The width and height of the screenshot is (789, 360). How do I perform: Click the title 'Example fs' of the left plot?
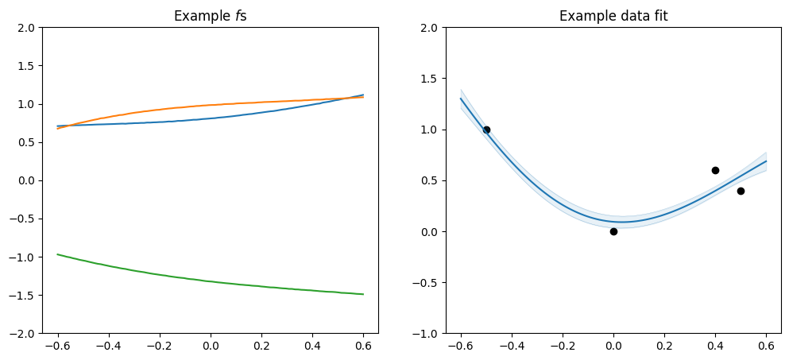pyautogui.click(x=211, y=16)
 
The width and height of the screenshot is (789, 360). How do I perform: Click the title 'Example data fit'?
pyautogui.click(x=613, y=16)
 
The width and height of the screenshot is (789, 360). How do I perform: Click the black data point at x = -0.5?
pyautogui.click(x=486, y=130)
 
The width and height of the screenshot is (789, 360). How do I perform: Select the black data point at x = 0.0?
pyautogui.click(x=613, y=231)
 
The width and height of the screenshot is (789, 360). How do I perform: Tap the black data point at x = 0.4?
pyautogui.click(x=715, y=170)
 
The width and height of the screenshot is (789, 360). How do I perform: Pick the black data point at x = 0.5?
pyautogui.click(x=741, y=191)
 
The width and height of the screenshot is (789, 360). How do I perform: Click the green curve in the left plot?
pyautogui.click(x=211, y=281)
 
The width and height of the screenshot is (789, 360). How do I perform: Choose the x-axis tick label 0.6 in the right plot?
pyautogui.click(x=766, y=347)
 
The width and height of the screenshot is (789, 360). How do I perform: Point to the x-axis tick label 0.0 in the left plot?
pyautogui.click(x=211, y=347)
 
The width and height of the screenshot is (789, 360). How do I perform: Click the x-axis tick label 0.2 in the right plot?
pyautogui.click(x=664, y=347)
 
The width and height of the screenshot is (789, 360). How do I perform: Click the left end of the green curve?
pyautogui.click(x=58, y=254)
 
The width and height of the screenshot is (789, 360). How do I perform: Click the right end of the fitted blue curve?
pyautogui.click(x=765, y=161)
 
